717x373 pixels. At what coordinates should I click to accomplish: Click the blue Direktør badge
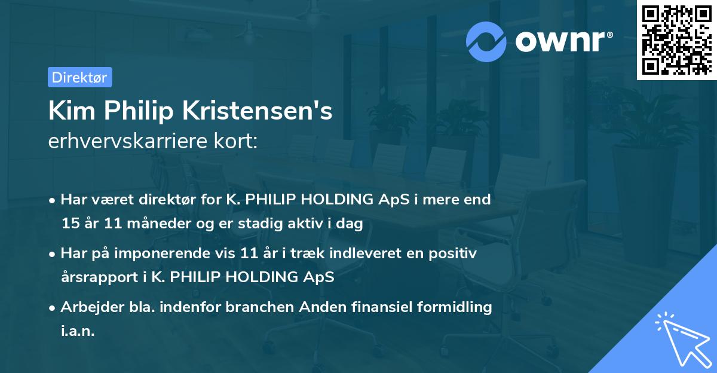point(79,77)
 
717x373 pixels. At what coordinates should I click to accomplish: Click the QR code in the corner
point(676,39)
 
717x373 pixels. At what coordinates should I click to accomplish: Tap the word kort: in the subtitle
point(238,141)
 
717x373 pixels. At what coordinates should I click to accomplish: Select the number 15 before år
point(69,223)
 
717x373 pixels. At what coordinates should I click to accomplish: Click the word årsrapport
point(97,277)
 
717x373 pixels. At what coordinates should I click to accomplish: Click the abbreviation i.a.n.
point(78,331)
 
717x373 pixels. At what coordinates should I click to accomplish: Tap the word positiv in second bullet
point(456,253)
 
